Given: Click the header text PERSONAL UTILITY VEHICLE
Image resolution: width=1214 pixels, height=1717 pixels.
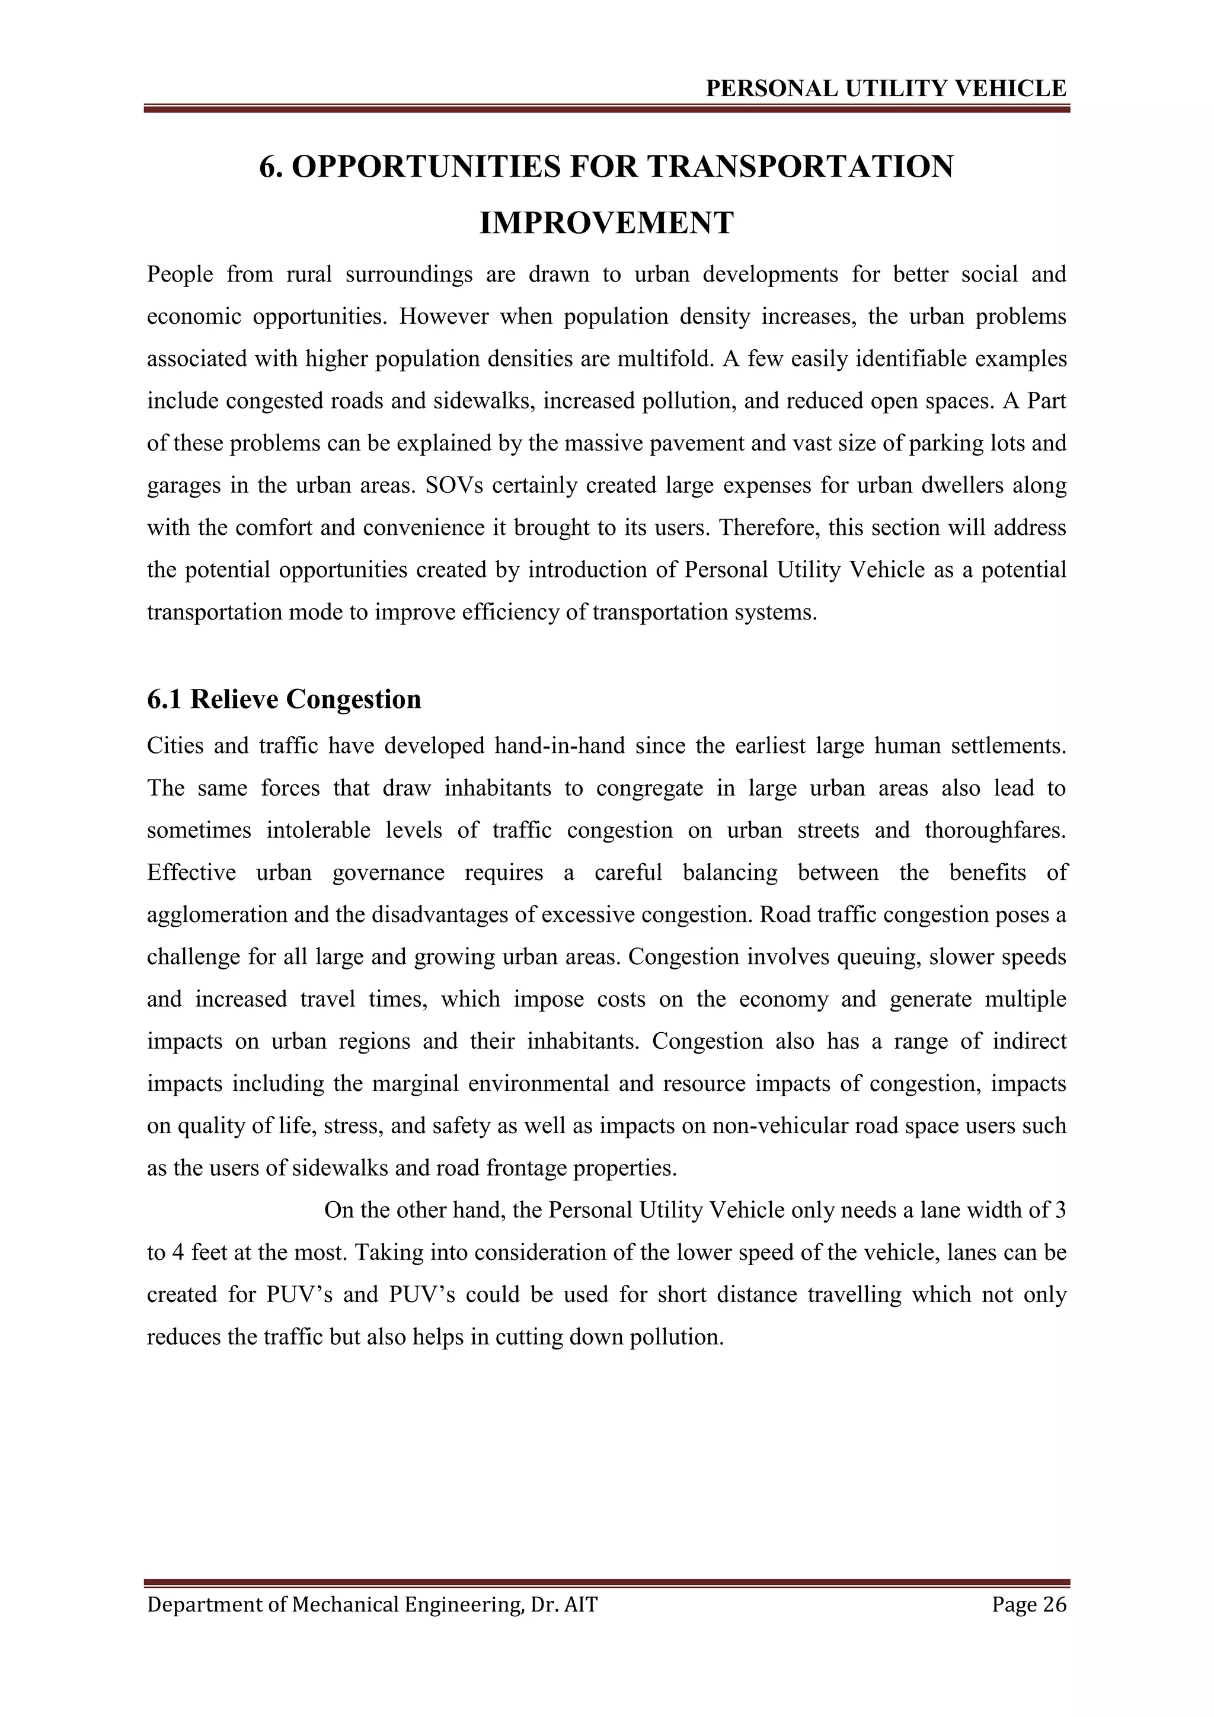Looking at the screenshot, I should click(886, 89).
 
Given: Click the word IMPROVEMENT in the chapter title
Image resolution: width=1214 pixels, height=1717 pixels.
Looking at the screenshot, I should click(606, 223).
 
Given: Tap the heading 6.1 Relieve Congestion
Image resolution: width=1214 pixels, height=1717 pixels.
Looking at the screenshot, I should click(284, 699).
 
